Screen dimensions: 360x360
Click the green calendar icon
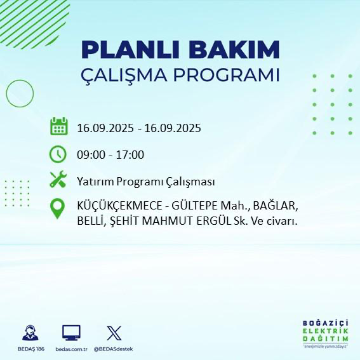pyautogui.click(x=58, y=126)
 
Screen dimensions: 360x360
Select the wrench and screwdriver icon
pyautogui.click(x=58, y=180)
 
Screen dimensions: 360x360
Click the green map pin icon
pyautogui.click(x=58, y=209)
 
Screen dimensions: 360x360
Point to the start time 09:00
pyautogui.click(x=91, y=154)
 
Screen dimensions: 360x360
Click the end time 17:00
pyautogui.click(x=130, y=154)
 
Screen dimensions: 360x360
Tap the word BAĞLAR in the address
pyautogui.click(x=277, y=207)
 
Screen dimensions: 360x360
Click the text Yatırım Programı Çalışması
pyautogui.click(x=145, y=182)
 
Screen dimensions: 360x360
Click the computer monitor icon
pyautogui.click(x=70, y=332)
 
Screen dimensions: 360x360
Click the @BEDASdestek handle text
pyautogui.click(x=114, y=349)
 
